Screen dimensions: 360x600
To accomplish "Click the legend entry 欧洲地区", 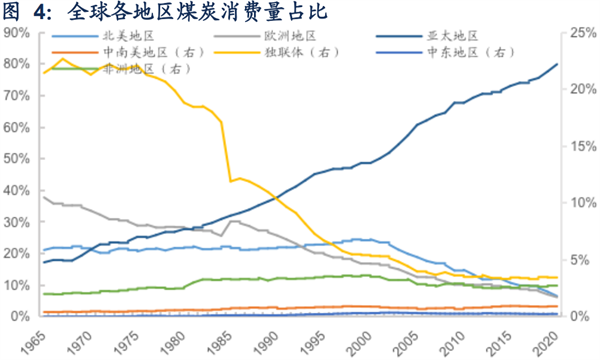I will point(290,36).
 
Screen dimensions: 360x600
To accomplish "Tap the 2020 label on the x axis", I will point(541,340).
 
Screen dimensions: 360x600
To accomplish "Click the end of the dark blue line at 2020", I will point(558,64).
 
